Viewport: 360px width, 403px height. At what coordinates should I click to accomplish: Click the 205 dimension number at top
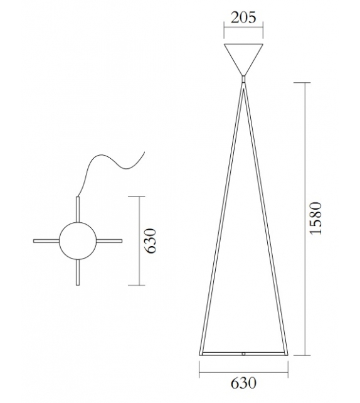[243, 17]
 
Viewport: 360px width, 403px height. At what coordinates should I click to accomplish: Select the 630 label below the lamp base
[243, 381]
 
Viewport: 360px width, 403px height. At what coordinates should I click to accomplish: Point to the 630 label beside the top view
[150, 241]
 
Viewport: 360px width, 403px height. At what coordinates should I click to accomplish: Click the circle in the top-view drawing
[78, 241]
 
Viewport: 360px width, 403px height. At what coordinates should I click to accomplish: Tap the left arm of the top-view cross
[46, 241]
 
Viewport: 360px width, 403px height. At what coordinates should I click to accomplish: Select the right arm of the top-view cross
[110, 241]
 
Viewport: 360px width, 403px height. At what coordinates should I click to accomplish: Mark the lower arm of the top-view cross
[78, 273]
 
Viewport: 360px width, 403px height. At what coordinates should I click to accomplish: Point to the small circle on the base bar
[243, 354]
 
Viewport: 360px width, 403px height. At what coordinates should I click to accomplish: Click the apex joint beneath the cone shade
[243, 80]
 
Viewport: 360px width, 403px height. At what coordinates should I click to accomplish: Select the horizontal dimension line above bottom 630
[243, 366]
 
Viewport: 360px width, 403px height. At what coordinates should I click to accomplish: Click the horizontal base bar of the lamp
[220, 354]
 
